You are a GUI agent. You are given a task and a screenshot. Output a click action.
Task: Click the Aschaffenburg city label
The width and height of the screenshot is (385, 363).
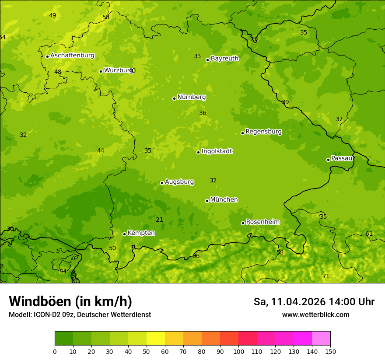[x=72, y=56]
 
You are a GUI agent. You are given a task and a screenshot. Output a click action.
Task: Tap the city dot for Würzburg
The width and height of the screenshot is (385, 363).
[x=101, y=71]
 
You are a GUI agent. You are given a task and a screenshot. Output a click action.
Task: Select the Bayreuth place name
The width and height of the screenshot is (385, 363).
[x=224, y=59]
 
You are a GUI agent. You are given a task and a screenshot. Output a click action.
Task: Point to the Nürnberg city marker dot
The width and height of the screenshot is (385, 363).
[x=174, y=98]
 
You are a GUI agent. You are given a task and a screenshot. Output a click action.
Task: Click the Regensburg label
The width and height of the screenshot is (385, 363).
[x=263, y=132]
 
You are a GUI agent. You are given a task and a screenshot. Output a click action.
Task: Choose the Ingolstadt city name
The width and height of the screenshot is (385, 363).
[x=217, y=151]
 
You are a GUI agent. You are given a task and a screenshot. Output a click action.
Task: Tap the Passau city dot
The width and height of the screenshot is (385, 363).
[x=328, y=160]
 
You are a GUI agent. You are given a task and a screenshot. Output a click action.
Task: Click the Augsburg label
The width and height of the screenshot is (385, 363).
[x=179, y=182]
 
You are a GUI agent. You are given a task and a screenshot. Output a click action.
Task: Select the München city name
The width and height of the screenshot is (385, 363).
[x=224, y=200]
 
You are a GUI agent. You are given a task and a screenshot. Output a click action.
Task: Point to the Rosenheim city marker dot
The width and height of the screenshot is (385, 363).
[x=243, y=223]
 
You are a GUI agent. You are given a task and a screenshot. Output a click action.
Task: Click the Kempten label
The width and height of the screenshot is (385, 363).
[x=141, y=233]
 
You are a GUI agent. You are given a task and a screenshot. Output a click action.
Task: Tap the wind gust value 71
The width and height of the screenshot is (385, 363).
[x=325, y=276]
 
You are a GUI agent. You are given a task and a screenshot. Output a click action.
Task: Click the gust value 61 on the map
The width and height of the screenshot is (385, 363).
[x=369, y=234]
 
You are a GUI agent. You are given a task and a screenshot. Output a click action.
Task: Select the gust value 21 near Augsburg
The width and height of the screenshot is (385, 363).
[x=159, y=220]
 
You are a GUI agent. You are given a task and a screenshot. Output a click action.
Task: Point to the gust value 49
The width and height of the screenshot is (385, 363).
[x=52, y=16]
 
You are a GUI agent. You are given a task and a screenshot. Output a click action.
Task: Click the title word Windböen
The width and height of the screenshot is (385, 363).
[x=40, y=301]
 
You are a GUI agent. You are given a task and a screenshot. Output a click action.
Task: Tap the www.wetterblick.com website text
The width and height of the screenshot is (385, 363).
[x=315, y=315]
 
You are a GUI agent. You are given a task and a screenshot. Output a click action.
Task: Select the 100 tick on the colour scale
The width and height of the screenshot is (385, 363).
[x=238, y=351]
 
